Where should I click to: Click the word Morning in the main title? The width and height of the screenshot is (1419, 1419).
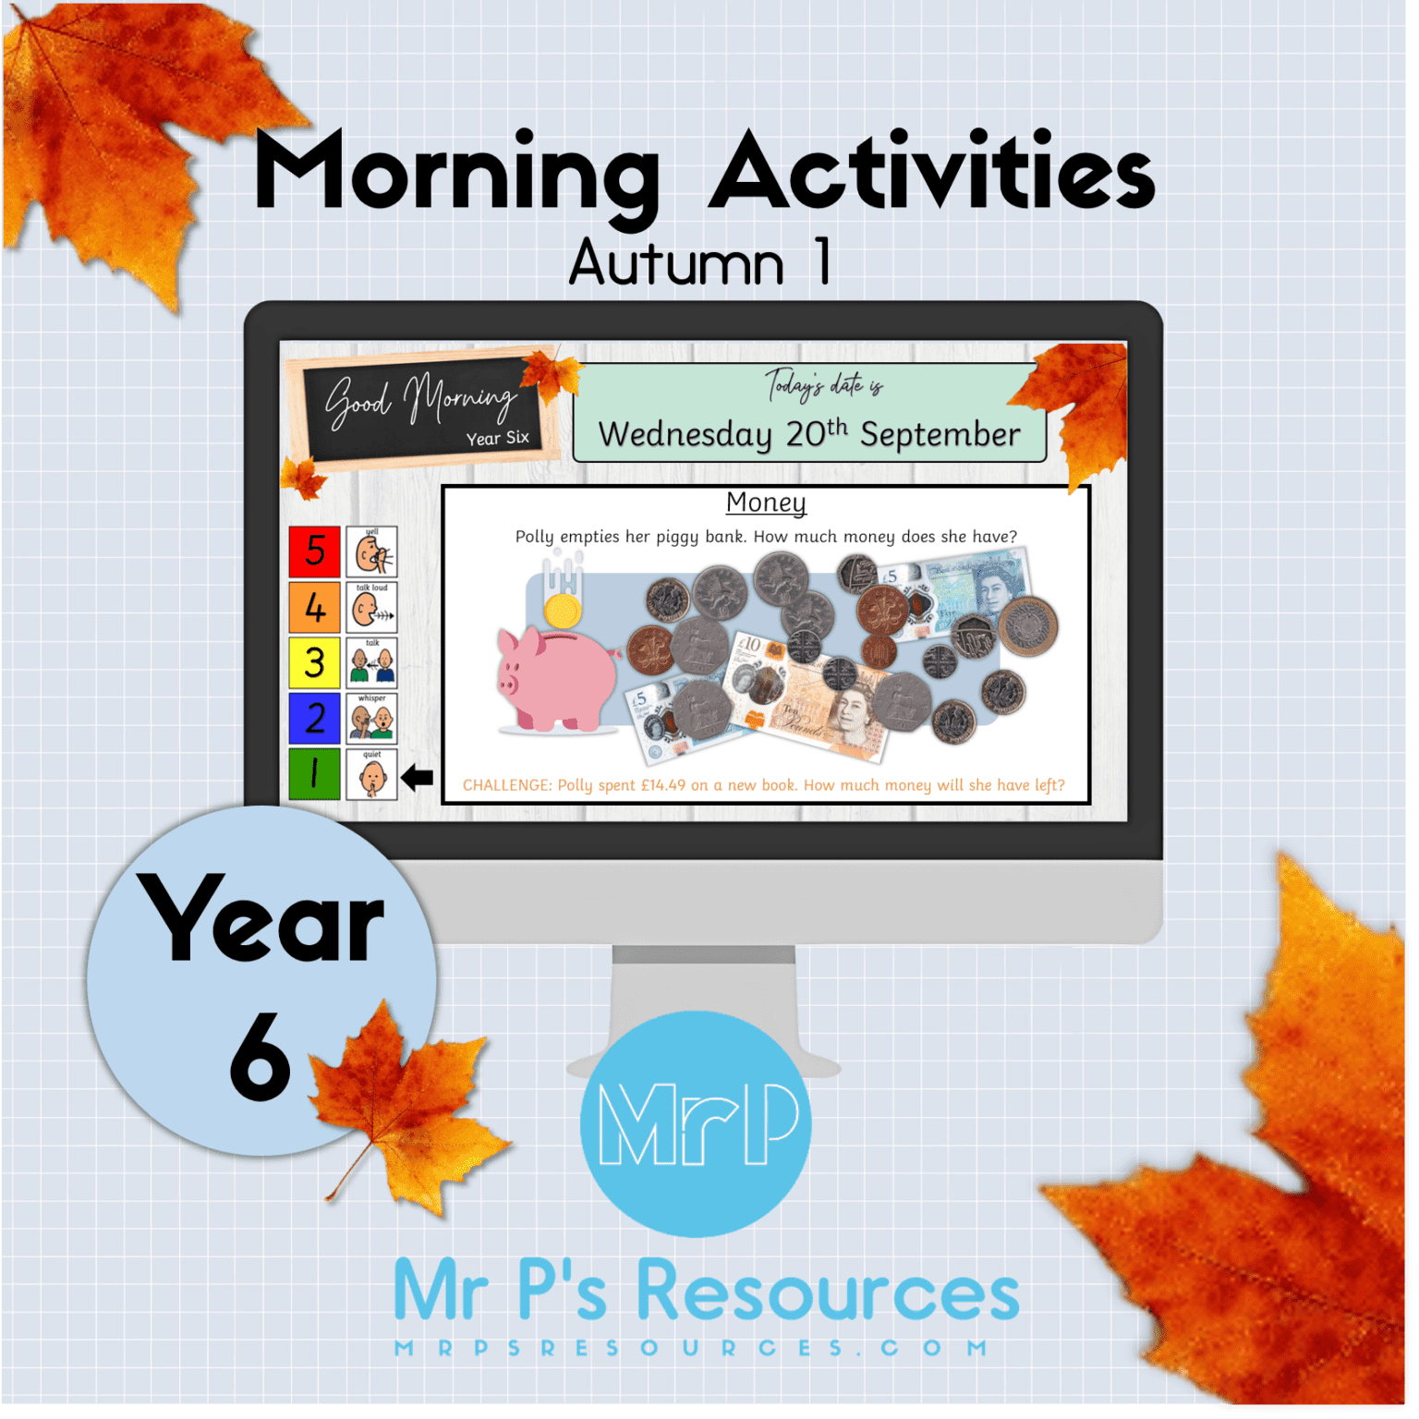456,174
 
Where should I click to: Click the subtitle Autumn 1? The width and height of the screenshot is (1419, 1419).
699,263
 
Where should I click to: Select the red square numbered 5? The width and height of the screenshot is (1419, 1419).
315,552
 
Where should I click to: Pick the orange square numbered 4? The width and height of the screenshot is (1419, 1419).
315,607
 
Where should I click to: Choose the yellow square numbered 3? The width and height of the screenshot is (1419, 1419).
315,662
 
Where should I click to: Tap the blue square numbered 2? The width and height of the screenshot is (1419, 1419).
315,718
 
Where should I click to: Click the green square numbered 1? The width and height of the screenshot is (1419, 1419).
315,773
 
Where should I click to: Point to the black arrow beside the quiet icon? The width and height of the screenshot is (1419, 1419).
418,778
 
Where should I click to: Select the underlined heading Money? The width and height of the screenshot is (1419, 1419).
766,503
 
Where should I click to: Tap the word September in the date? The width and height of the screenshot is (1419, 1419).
940,434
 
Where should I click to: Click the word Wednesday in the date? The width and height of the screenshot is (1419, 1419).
685,434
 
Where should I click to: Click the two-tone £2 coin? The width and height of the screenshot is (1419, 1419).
1026,625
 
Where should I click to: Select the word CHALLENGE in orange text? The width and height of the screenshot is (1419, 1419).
506,785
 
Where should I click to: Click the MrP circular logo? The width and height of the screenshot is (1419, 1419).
696,1123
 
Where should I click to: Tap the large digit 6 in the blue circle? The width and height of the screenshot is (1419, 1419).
260,1056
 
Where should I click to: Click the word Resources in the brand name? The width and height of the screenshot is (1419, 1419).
828,1291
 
